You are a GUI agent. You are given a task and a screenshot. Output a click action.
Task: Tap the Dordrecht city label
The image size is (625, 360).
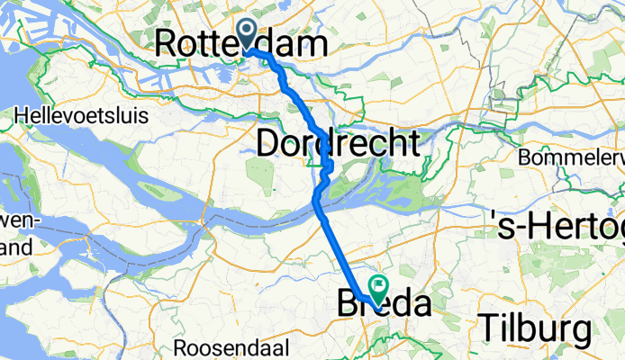pos(339,142)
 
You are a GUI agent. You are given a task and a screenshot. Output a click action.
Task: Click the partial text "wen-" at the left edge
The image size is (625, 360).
pos(15,222)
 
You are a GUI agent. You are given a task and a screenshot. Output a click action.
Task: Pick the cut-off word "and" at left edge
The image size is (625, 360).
pos(15,246)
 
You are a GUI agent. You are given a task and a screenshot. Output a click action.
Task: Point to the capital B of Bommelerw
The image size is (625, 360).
pos(525,157)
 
